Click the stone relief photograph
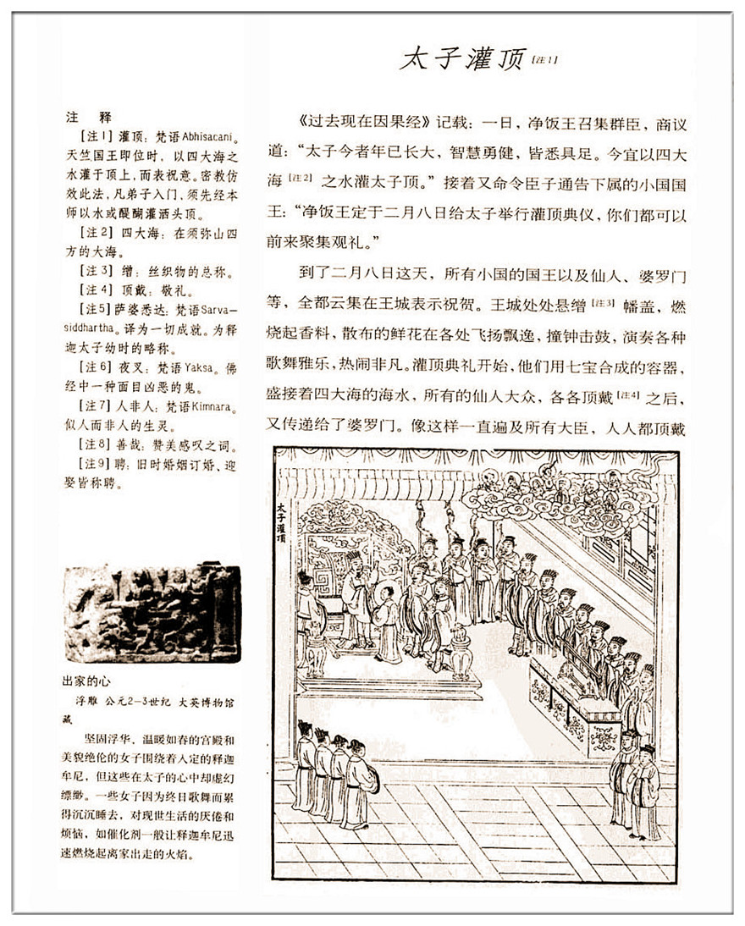(152, 614)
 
